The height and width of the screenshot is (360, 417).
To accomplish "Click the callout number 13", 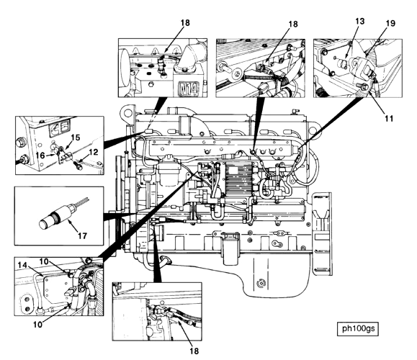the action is pyautogui.click(x=359, y=22).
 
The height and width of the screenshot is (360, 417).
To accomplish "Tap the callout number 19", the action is pyautogui.click(x=390, y=23).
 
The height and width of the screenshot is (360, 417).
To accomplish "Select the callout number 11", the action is pyautogui.click(x=389, y=118).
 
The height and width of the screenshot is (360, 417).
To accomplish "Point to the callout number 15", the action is pyautogui.click(x=76, y=138).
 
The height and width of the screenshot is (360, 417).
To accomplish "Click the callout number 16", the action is pyautogui.click(x=40, y=155).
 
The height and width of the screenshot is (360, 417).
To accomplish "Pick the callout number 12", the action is pyautogui.click(x=94, y=152).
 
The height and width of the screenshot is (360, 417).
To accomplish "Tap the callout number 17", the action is pyautogui.click(x=82, y=235).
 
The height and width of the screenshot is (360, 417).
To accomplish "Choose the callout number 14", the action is pyautogui.click(x=22, y=265).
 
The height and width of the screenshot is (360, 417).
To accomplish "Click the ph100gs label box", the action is pyautogui.click(x=358, y=329).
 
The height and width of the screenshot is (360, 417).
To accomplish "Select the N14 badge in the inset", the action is pyautogui.click(x=188, y=89).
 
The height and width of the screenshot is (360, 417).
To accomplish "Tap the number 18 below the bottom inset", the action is pyautogui.click(x=194, y=351).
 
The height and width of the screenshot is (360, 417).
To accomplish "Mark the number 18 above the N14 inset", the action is pyautogui.click(x=185, y=23).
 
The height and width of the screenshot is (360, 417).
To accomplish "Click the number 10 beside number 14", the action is pyautogui.click(x=44, y=261).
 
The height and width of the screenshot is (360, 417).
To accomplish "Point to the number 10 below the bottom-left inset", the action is pyautogui.click(x=37, y=325).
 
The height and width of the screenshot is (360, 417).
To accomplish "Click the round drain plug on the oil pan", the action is pyautogui.click(x=261, y=283).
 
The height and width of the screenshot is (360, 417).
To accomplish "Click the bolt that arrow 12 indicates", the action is pyautogui.click(x=77, y=164).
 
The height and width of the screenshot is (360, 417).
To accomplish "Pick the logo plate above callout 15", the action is pyautogui.click(x=59, y=126).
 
